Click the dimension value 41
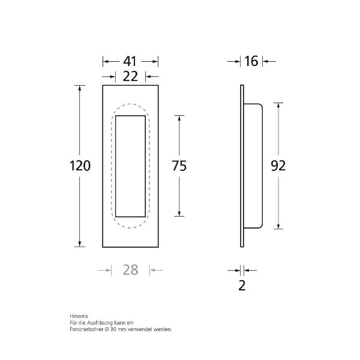coord(130,61)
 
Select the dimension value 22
coord(130,76)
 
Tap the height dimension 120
coord(79,166)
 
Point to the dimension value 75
coord(179,166)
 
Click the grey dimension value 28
coord(130,270)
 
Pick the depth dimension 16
coord(251,61)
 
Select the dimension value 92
coord(278,166)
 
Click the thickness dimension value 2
coord(242,286)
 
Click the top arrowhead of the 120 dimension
coord(79,88)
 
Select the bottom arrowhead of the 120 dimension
coord(79,244)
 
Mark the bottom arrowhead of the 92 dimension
coord(278,226)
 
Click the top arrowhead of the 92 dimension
coord(278,105)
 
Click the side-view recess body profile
coord(254,166)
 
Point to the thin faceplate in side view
coord(242,166)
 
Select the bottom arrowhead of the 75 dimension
coord(179,214)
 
